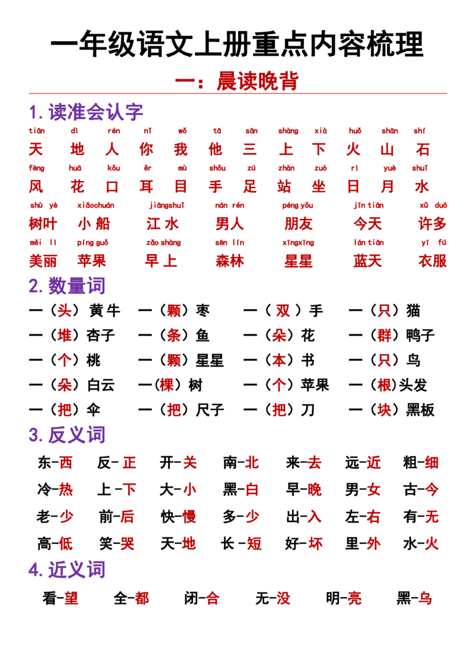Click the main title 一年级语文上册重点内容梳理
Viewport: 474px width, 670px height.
[237, 44]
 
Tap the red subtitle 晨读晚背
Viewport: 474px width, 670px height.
[258, 80]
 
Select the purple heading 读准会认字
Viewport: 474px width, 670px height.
[95, 112]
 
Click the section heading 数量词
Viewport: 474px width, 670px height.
[76, 286]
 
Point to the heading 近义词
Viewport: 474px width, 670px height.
[76, 569]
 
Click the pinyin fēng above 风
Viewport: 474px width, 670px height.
[36, 168]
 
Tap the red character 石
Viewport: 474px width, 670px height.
[422, 149]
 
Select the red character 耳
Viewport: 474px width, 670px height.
[146, 186]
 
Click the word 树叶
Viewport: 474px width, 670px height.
[43, 224]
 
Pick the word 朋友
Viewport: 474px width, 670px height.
[299, 224]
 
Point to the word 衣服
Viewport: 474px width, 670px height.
[433, 260]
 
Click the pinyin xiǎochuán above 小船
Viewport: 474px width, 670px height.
[96, 205]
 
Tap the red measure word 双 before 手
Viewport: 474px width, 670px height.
[283, 310]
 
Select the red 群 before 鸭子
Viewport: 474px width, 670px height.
[384, 335]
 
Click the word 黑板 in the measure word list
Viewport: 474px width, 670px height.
[420, 410]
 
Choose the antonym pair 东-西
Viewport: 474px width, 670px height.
[55, 462]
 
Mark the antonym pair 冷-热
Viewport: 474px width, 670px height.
[55, 489]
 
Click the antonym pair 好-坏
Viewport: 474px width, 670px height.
[304, 543]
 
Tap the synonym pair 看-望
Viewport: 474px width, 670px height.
[60, 598]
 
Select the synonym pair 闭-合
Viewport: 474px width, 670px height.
[202, 598]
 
